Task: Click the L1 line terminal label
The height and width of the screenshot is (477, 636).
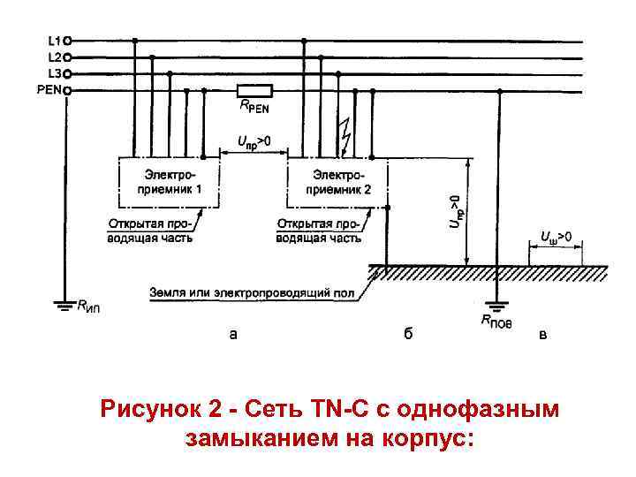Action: pyautogui.click(x=53, y=40)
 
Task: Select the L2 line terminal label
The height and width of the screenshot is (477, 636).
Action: pyautogui.click(x=53, y=57)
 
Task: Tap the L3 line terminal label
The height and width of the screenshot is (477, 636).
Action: pyautogui.click(x=53, y=73)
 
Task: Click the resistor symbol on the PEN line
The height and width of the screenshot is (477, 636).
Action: pyautogui.click(x=254, y=90)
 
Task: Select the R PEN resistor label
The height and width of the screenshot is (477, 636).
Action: pyautogui.click(x=255, y=107)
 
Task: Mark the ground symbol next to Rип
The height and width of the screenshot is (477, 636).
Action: pyautogui.click(x=64, y=306)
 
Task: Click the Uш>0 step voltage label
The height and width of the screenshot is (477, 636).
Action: pyautogui.click(x=556, y=238)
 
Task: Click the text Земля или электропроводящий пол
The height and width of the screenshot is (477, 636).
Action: pyautogui.click(x=253, y=291)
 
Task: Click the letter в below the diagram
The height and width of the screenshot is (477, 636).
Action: pyautogui.click(x=543, y=335)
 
